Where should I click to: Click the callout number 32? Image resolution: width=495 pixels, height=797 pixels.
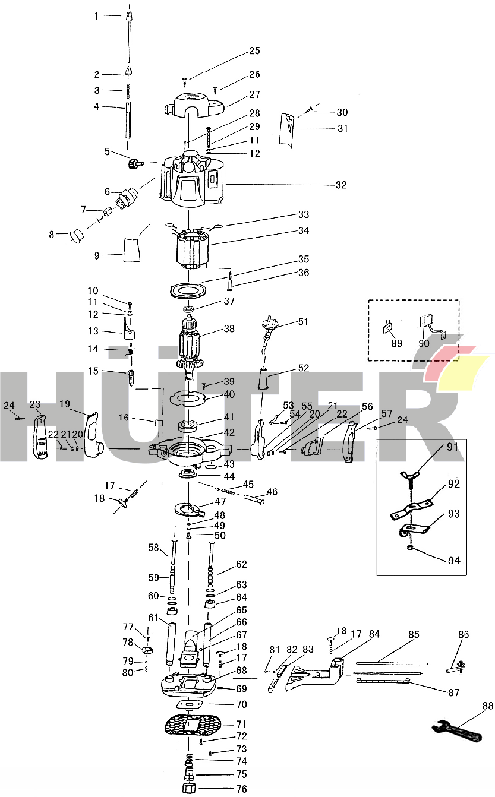coord(340,185)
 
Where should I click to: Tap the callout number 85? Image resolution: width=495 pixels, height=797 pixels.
coord(414,634)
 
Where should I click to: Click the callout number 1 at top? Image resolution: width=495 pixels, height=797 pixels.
coord(97,16)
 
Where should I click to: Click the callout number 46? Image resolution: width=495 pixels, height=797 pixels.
coord(272,492)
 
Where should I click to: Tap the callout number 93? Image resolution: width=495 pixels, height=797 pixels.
coord(453,514)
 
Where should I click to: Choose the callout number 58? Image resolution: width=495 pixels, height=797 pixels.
coord(154,548)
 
